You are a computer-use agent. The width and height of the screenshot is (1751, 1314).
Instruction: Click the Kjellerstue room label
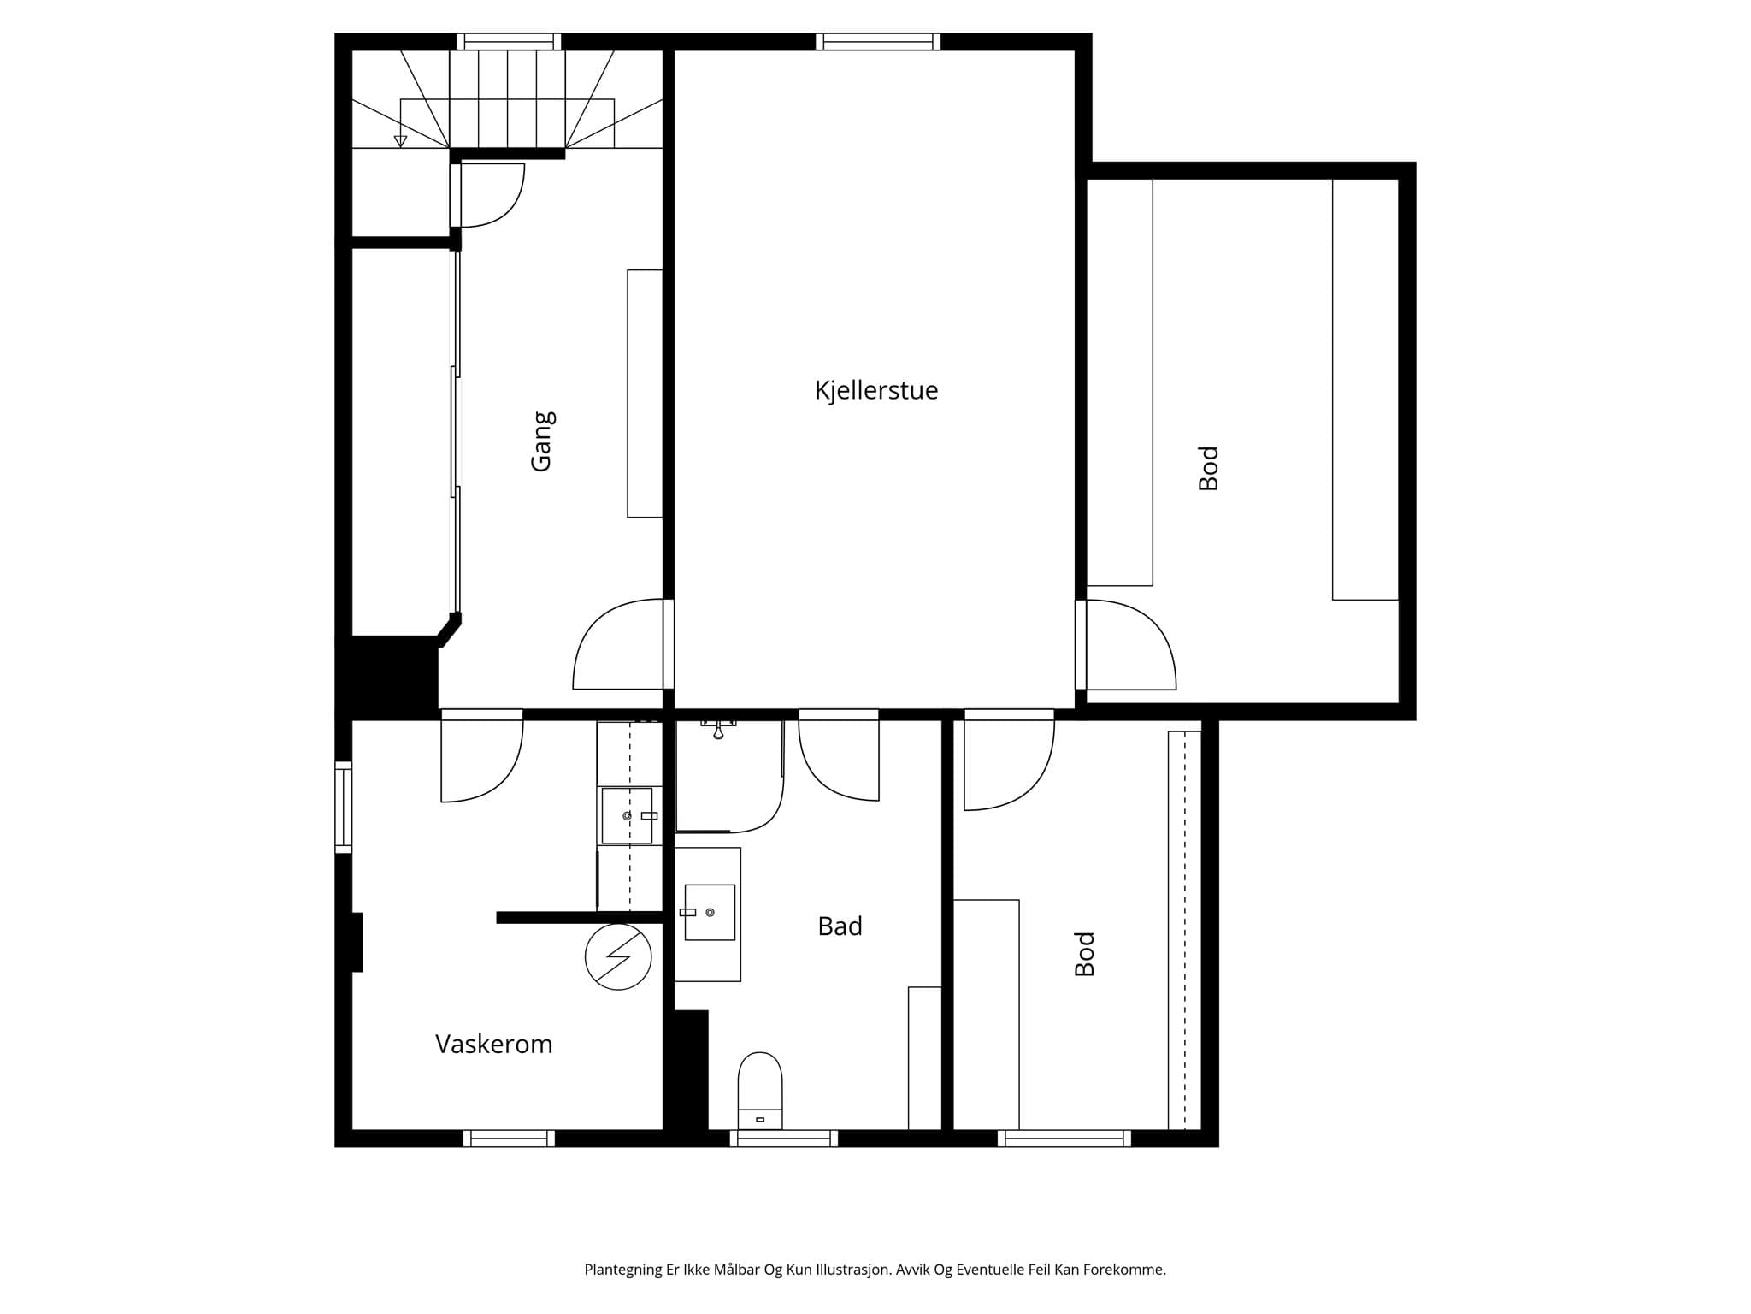coord(876,391)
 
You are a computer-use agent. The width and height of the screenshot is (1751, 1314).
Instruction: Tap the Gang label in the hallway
coord(542,441)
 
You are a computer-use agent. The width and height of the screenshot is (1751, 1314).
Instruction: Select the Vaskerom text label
coord(494,1044)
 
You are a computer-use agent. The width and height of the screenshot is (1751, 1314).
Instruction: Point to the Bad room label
coord(840,926)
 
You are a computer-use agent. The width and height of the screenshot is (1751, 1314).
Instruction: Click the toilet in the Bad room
coord(760,1091)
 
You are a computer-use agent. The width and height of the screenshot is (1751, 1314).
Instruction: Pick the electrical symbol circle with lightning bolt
coord(618,957)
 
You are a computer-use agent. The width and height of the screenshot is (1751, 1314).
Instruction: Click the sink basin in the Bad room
coord(710,913)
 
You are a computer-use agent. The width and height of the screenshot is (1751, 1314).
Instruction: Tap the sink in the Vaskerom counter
coord(628,815)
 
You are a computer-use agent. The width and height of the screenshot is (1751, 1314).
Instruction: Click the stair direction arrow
coord(400,141)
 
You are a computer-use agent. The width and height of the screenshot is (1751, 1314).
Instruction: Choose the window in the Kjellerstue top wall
coord(878,41)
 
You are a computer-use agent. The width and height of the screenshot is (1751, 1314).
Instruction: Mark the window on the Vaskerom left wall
coord(343,808)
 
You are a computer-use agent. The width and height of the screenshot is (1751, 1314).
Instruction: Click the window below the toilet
coord(784,1139)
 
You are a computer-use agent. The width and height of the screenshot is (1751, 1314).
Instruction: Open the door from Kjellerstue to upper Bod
coord(1126,644)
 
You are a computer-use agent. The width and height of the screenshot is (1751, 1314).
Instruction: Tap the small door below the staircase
coord(487,195)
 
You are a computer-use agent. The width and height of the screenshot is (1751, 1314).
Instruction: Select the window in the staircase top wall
coord(509,41)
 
